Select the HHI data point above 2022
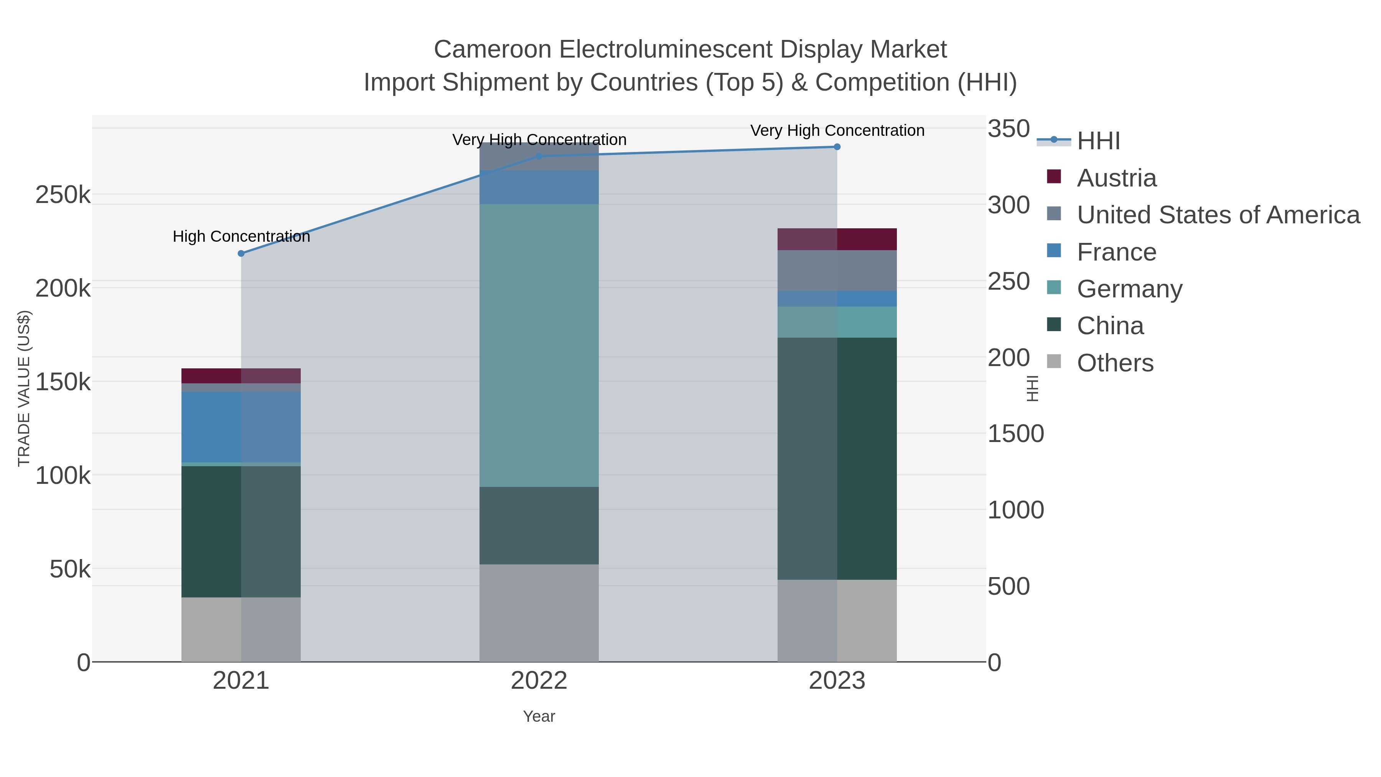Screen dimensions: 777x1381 539,157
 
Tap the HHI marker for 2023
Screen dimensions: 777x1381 837,147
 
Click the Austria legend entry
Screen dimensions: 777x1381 1116,178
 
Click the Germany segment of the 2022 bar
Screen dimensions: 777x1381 539,345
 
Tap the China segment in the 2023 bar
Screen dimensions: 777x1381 837,459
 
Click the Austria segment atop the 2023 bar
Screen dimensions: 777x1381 837,239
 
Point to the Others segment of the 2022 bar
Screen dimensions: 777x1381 539,612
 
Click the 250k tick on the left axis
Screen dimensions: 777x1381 63,195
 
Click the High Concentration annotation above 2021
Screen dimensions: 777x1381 241,236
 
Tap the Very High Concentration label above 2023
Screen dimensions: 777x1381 837,130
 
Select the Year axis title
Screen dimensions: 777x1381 539,716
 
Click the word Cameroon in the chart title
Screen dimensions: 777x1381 492,49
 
